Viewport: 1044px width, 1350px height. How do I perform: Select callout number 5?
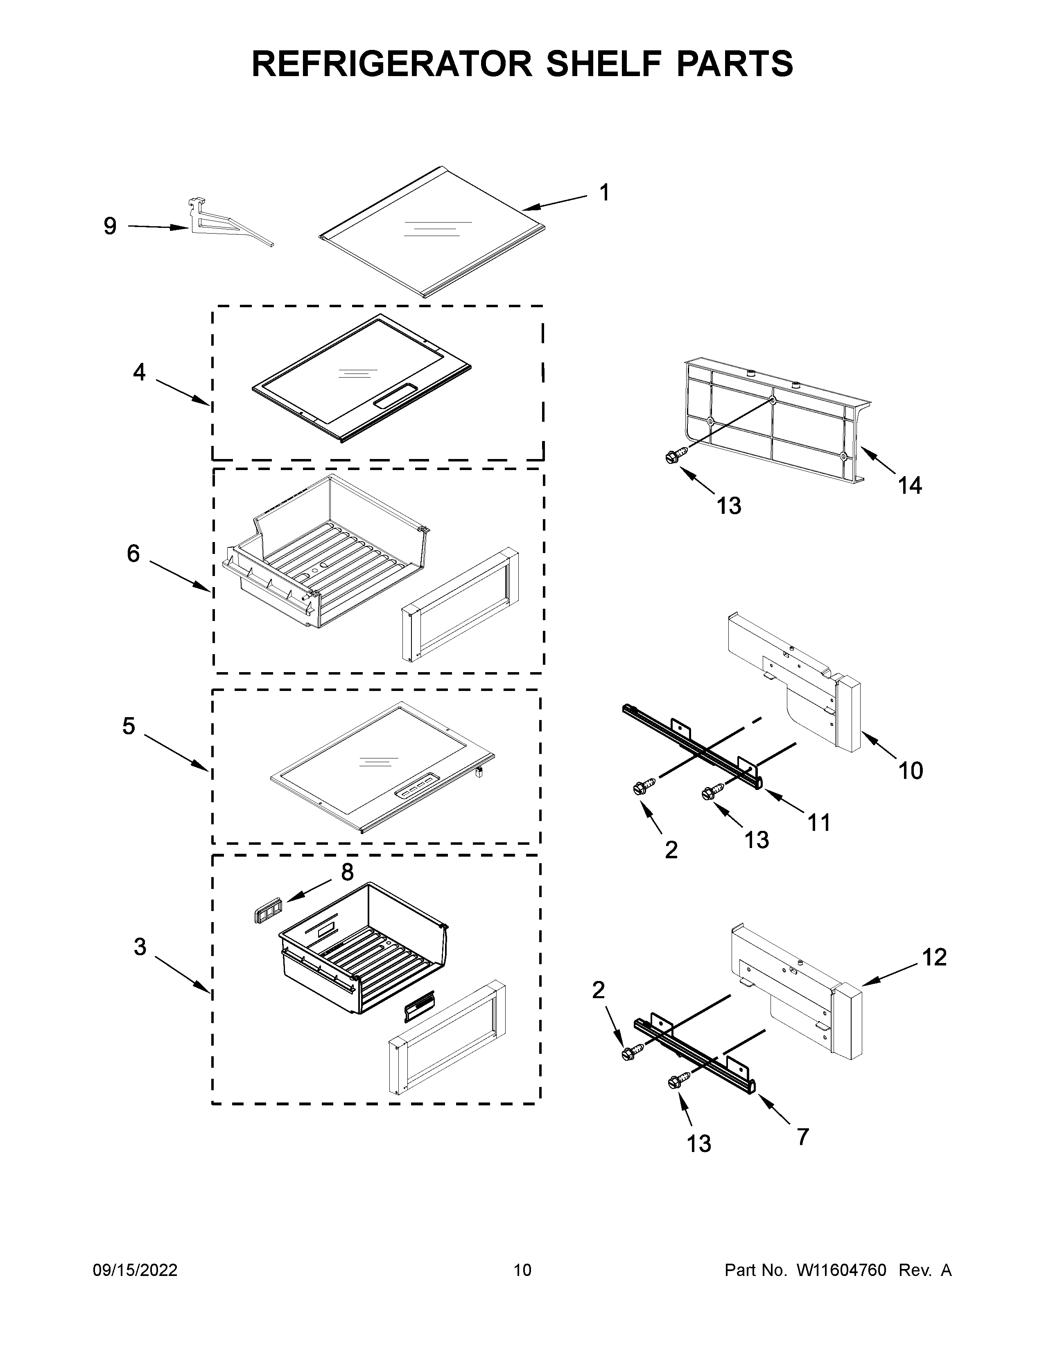coord(128,726)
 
